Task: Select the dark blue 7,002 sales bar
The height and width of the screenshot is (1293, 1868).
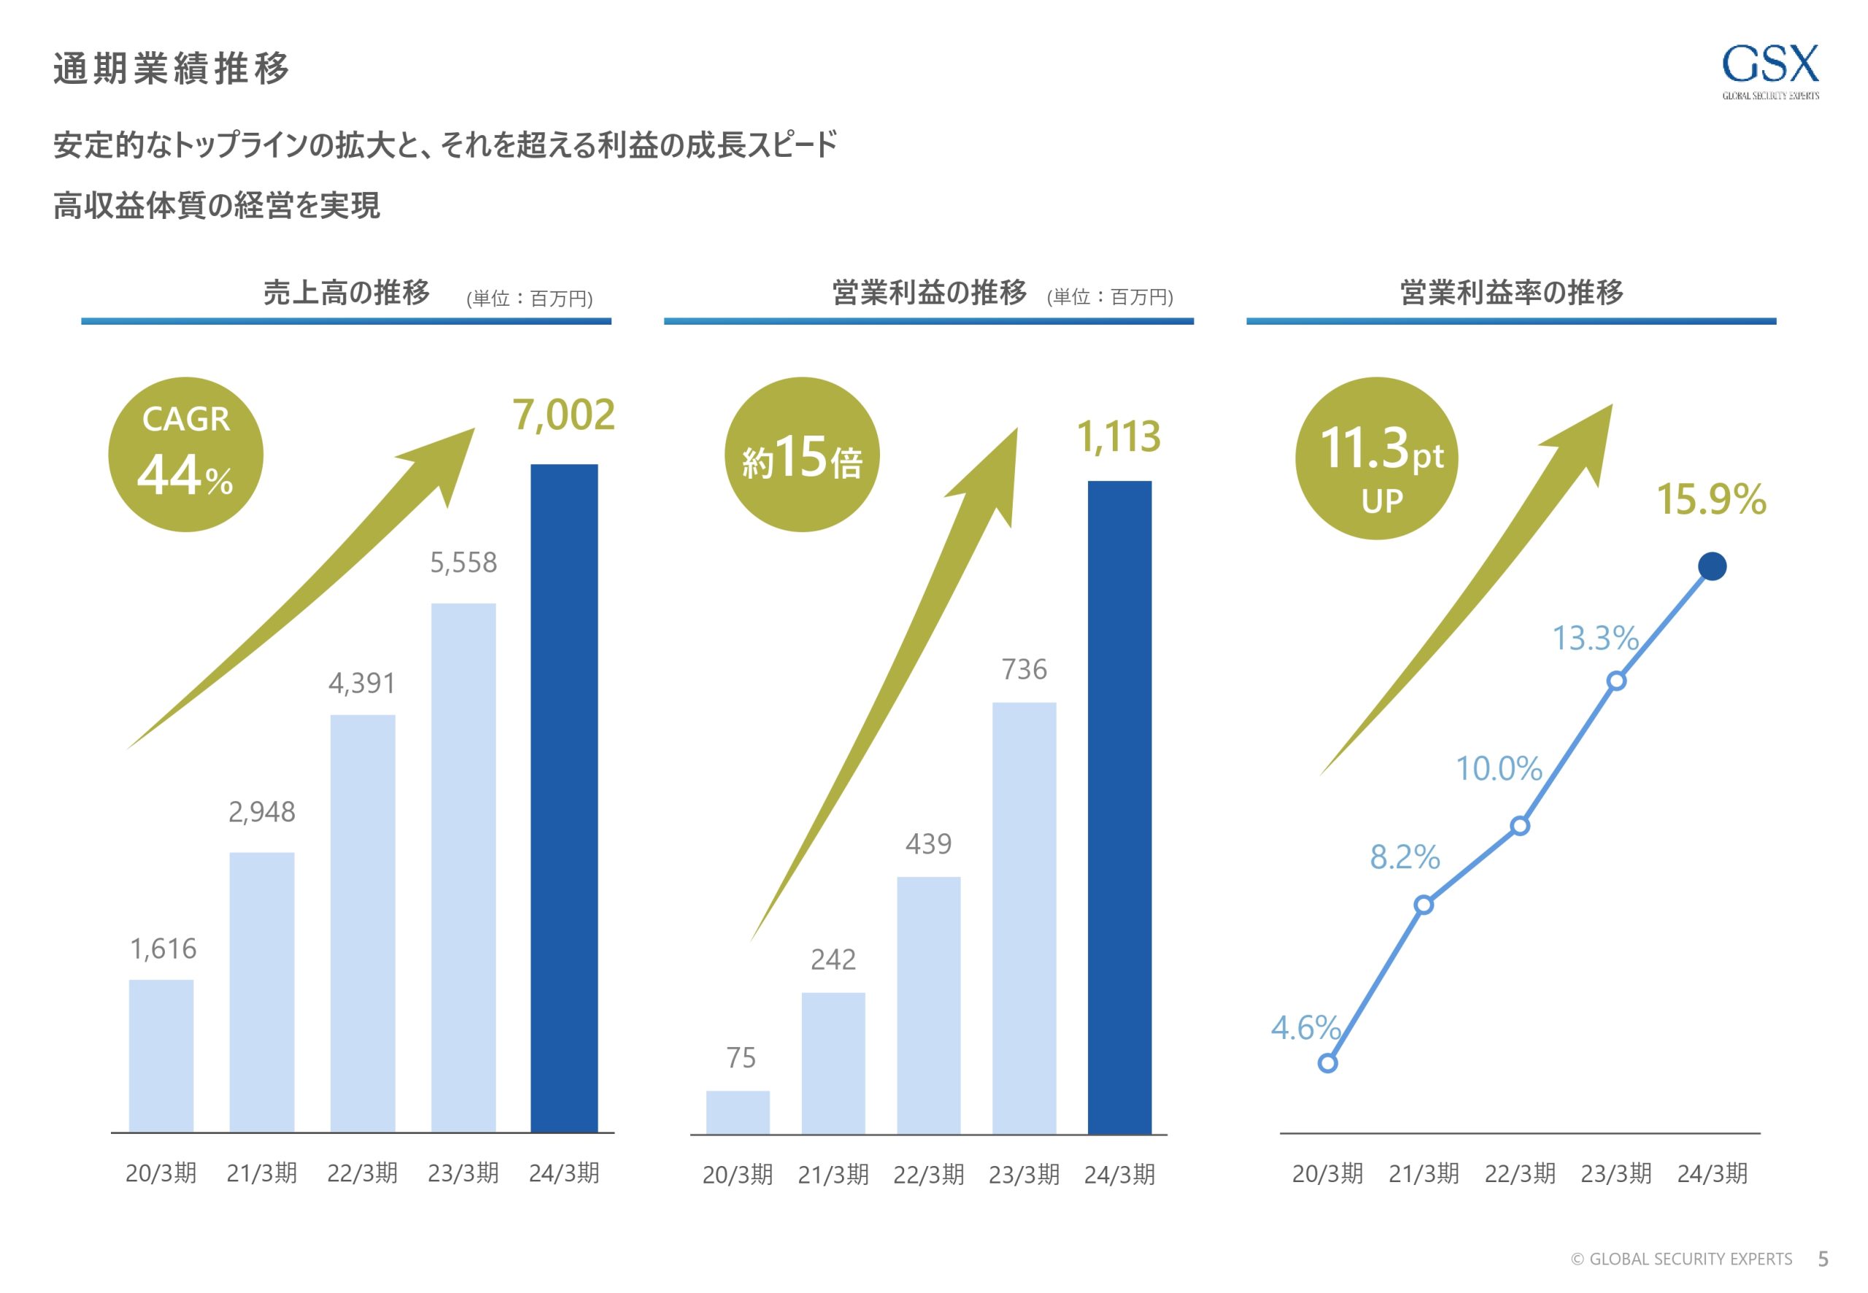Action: [x=564, y=798]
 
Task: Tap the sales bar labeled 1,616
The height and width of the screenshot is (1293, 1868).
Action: [x=161, y=1056]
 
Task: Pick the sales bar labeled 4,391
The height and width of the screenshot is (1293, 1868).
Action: [x=362, y=924]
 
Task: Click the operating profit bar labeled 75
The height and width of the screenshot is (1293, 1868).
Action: [x=737, y=1111]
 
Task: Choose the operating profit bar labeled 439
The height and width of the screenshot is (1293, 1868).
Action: [x=928, y=1005]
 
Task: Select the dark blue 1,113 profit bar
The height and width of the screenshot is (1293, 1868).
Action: [x=1119, y=807]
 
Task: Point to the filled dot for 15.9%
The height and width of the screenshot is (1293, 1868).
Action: [x=1712, y=566]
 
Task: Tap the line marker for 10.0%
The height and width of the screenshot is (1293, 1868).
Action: [x=1520, y=826]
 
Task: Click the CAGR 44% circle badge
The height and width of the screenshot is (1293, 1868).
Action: [x=185, y=455]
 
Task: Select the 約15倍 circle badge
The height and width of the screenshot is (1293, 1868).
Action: [x=801, y=455]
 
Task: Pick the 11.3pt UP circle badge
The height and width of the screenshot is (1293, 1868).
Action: [x=1376, y=458]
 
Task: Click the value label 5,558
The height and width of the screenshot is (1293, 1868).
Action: [x=463, y=563]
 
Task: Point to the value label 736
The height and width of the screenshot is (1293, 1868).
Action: [x=1024, y=669]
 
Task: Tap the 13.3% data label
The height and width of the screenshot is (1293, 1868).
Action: [x=1595, y=638]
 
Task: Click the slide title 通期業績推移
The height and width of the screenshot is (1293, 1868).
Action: [x=171, y=68]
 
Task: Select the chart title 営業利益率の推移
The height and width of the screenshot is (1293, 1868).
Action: [x=1512, y=293]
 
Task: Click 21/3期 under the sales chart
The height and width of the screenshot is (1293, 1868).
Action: [x=262, y=1173]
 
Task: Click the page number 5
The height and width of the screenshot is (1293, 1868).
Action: [x=1823, y=1258]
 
